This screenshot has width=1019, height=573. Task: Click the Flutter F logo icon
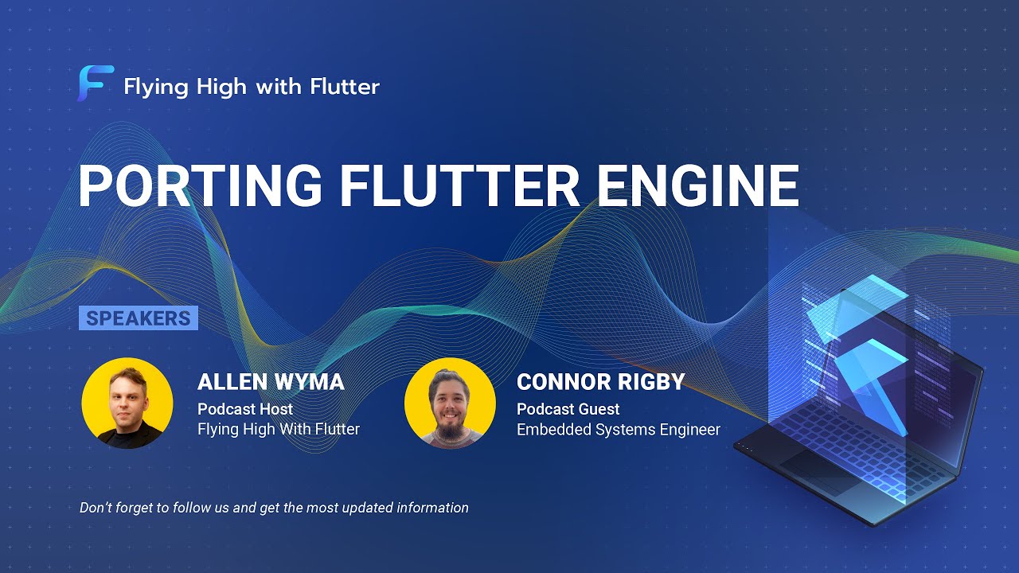point(96,84)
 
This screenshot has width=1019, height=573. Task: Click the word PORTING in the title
point(200,186)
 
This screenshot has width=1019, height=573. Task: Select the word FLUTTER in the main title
point(460,186)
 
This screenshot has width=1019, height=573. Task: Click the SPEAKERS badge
point(139,318)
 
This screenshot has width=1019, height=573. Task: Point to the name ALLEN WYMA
point(271,382)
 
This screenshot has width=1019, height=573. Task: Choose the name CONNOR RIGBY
point(600,382)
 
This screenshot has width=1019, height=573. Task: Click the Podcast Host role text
point(245,409)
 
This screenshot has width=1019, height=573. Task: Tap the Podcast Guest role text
point(568,409)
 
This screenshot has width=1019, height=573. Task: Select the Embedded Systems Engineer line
point(618,430)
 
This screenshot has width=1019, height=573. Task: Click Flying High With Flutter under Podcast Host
point(279,430)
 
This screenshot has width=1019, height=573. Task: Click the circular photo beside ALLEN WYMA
point(127,403)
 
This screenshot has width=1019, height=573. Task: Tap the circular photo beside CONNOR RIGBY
point(450,403)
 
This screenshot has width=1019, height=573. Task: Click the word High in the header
point(220,86)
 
